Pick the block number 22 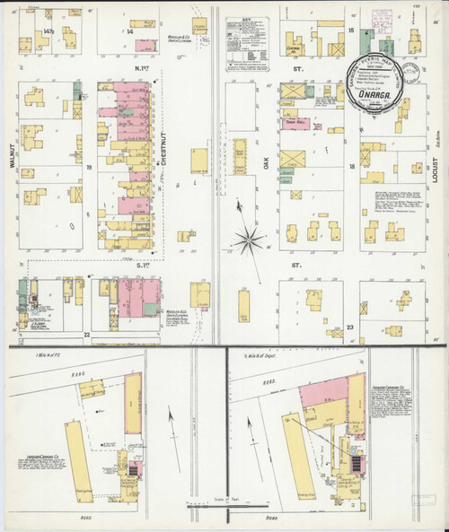tap(87, 335)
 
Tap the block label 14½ tap(48, 31)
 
